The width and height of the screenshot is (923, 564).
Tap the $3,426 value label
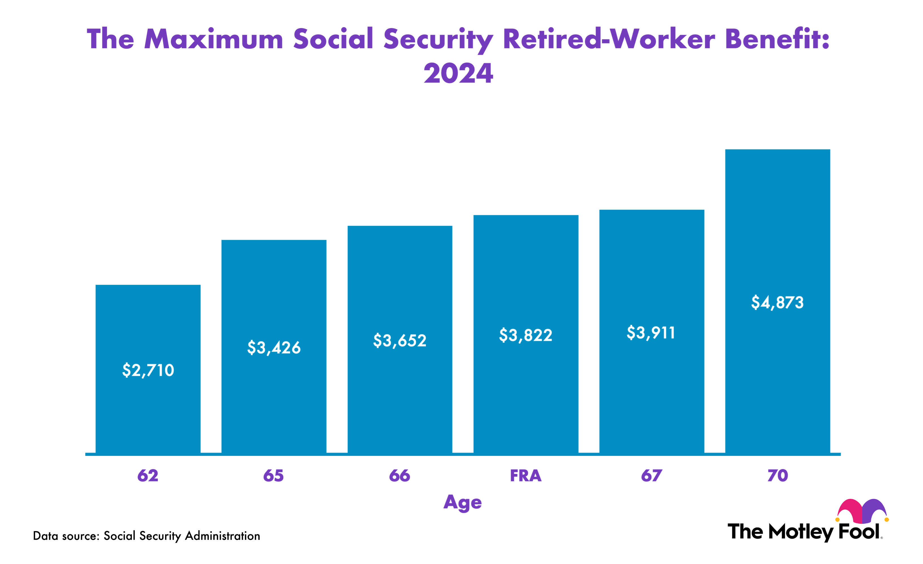click(x=274, y=348)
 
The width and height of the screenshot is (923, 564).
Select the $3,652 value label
click(x=400, y=341)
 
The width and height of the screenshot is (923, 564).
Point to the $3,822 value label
click(x=526, y=335)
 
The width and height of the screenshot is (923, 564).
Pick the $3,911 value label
click(x=651, y=333)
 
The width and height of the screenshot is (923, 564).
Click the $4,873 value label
click(x=777, y=303)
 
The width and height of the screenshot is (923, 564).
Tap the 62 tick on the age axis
click(x=148, y=476)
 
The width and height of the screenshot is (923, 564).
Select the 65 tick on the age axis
click(x=273, y=476)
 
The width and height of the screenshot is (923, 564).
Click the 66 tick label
click(x=399, y=476)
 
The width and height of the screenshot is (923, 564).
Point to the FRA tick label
click(x=526, y=476)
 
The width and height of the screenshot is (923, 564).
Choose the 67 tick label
click(x=652, y=476)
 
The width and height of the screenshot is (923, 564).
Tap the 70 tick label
click(x=778, y=476)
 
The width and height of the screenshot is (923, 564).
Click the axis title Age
click(x=462, y=502)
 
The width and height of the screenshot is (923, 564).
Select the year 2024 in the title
click(x=458, y=73)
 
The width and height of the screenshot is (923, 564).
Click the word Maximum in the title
click(x=214, y=39)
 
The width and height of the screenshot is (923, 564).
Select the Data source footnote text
click(x=146, y=536)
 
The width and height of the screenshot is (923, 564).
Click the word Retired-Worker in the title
click(x=609, y=39)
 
